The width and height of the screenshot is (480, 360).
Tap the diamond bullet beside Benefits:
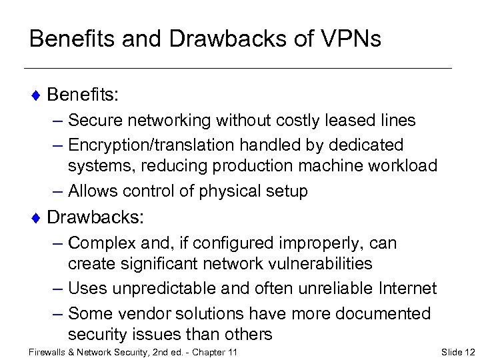pyautogui.click(x=37, y=95)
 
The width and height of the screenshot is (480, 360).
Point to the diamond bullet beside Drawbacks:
pyautogui.click(x=37, y=217)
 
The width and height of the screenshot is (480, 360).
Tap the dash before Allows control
pyautogui.click(x=56, y=191)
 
